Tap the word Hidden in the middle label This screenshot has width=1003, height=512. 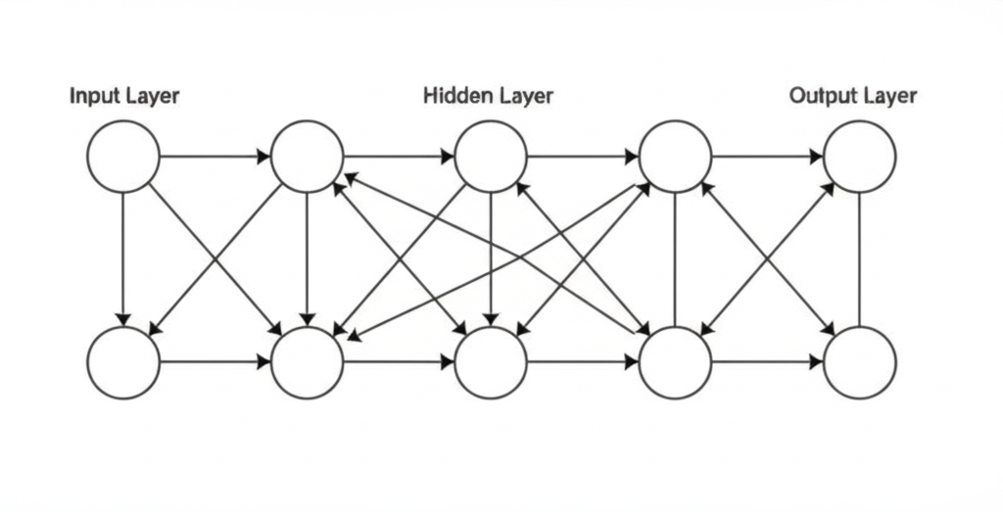tap(454, 96)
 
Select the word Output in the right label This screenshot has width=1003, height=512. tap(820, 96)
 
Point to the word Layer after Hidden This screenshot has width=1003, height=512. tap(521, 96)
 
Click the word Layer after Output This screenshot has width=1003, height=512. tap(886, 96)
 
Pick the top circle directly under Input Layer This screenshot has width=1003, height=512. tap(123, 156)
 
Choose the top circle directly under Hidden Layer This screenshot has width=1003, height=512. tap(492, 156)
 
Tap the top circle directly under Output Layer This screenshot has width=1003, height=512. tap(859, 156)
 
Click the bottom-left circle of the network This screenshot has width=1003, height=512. tap(123, 362)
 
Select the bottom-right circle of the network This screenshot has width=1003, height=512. tap(859, 362)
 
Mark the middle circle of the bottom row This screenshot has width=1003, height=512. tap(492, 362)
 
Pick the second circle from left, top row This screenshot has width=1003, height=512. tap(308, 156)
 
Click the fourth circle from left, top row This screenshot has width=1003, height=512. tap(675, 156)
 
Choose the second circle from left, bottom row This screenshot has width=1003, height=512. tap(308, 362)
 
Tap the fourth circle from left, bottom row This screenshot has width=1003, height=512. tap(675, 362)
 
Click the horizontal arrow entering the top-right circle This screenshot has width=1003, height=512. tap(767, 156)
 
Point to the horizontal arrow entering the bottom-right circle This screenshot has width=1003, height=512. tap(767, 362)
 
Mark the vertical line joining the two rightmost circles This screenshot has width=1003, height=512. tap(859, 259)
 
